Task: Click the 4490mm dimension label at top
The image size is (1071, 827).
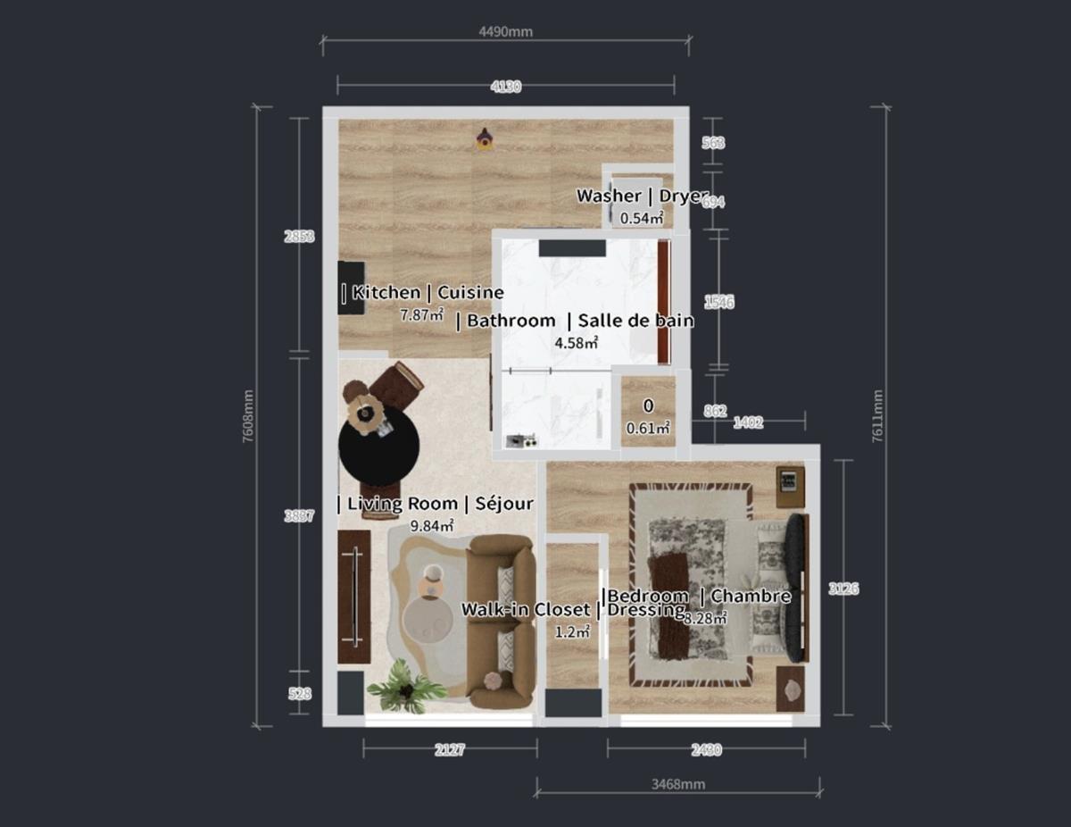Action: (x=505, y=32)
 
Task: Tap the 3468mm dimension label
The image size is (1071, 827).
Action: (x=677, y=784)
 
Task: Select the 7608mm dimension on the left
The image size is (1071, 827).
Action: (x=248, y=417)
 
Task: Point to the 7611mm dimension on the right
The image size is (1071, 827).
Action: (x=878, y=416)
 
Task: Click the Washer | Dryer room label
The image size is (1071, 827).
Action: (x=642, y=196)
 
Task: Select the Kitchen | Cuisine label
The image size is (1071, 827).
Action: (x=422, y=292)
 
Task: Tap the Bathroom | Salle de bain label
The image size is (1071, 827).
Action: (x=575, y=321)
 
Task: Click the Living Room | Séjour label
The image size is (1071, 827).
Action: (x=436, y=504)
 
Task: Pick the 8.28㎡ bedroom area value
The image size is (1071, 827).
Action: (x=706, y=616)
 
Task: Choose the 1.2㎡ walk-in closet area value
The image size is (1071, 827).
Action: (x=572, y=631)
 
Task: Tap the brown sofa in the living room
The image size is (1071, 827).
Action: (x=502, y=622)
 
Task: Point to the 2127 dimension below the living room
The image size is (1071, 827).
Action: (x=450, y=750)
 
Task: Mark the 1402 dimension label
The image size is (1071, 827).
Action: (x=748, y=422)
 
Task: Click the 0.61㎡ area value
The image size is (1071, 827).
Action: (x=648, y=428)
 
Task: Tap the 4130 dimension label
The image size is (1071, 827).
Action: (x=505, y=87)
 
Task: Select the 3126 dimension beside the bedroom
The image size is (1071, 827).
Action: (x=843, y=589)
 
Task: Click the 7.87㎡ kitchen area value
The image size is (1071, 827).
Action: (x=422, y=314)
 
